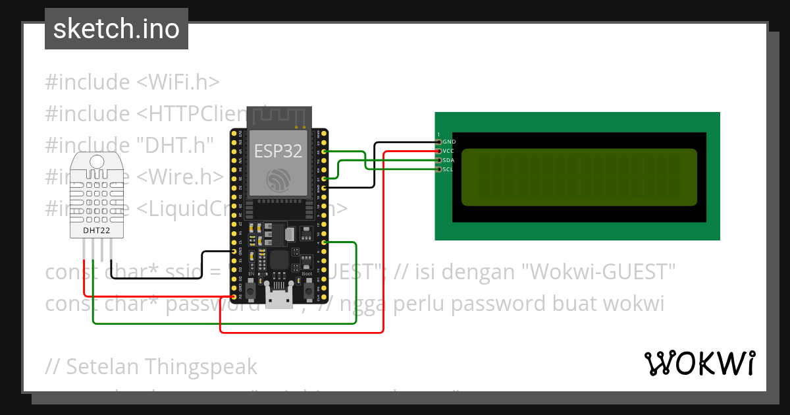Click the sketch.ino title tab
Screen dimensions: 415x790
[117, 29]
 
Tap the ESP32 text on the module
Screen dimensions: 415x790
[278, 151]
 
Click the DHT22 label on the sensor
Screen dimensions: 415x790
[97, 231]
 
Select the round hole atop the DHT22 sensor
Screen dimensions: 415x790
[97, 161]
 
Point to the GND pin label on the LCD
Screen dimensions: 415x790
[449, 142]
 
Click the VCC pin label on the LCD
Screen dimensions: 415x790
[448, 151]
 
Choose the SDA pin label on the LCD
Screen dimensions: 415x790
[448, 160]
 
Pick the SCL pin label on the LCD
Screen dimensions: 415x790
[448, 169]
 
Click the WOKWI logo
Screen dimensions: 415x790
[699, 363]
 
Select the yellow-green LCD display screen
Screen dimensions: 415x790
[579, 177]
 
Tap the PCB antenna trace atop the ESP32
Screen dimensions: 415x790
[278, 117]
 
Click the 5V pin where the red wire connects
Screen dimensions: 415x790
[236, 297]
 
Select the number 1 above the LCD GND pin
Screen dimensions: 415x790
[439, 134]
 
